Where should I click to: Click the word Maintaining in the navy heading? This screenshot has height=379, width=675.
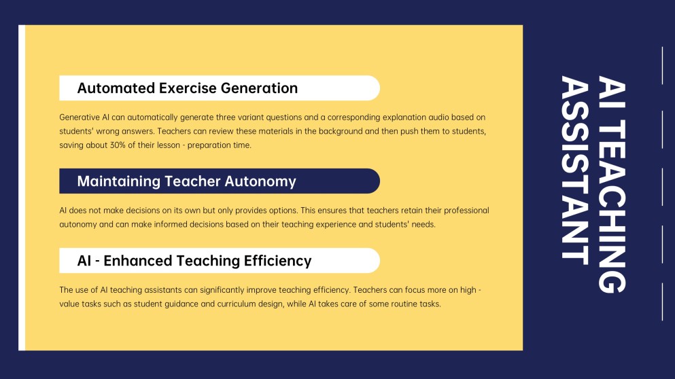click(x=119, y=181)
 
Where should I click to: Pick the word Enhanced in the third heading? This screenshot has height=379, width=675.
click(x=137, y=261)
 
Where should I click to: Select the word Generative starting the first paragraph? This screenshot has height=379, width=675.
click(x=79, y=118)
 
